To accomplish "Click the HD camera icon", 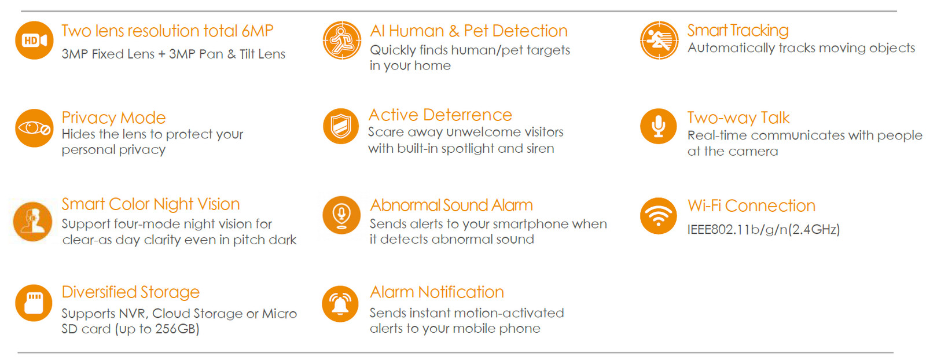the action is [x=34, y=41].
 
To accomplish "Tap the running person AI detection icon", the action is [x=342, y=41].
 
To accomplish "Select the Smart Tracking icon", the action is [x=659, y=41].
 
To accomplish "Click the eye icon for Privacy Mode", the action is [x=34, y=128].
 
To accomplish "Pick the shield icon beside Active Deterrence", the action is [x=341, y=126].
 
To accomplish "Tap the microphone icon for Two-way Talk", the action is [x=659, y=126].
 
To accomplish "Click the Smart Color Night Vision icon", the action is [x=32, y=222].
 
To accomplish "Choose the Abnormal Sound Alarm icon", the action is [x=341, y=215].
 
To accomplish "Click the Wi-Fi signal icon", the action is [x=659, y=216].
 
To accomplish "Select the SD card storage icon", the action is [x=34, y=303].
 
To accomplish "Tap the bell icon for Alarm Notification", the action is [x=340, y=304].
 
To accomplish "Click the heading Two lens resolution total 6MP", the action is [x=167, y=31].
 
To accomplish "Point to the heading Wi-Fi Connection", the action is [x=752, y=206].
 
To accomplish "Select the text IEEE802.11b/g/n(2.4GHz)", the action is [x=763, y=229].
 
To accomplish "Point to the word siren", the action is [x=541, y=148].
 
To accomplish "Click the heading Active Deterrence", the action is [x=440, y=115].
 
